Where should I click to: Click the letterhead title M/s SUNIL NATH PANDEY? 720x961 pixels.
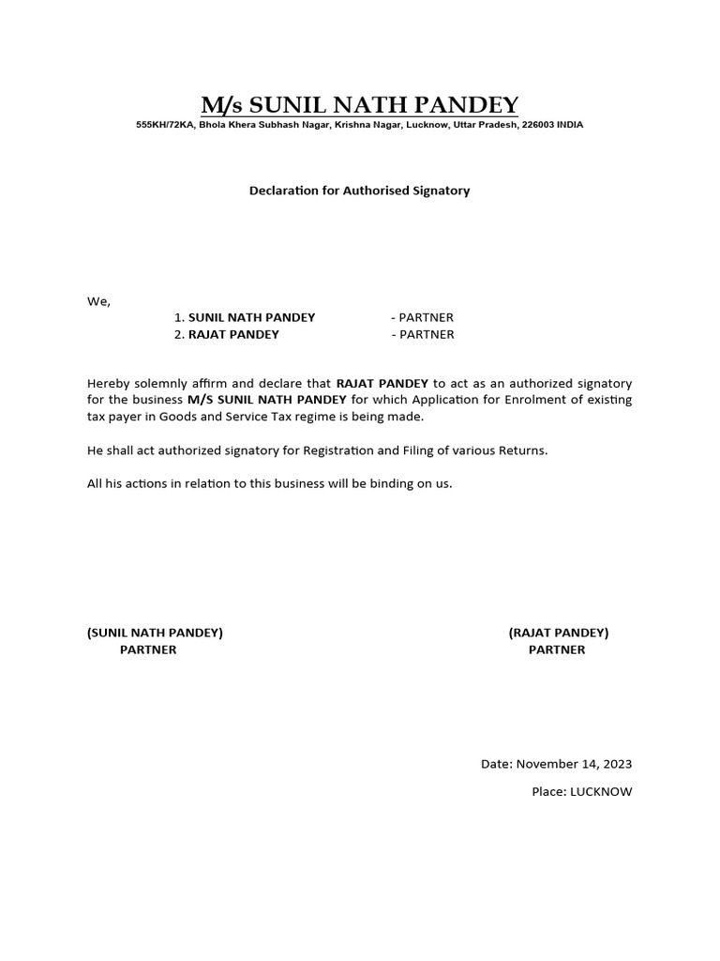pos(359,104)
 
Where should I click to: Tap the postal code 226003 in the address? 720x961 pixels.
pos(538,125)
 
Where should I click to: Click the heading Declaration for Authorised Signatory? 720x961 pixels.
pos(359,191)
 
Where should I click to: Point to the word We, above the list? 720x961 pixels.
pos(98,301)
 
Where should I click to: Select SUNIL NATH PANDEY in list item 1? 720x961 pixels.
pos(251,318)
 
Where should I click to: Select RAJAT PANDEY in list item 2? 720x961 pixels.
pos(233,334)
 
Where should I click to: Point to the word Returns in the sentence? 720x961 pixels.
pos(523,450)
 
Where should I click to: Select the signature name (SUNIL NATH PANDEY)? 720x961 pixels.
pos(155,633)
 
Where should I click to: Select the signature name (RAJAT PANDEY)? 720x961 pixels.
pos(559,633)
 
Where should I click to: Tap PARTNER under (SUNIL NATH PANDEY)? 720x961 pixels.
pos(148,649)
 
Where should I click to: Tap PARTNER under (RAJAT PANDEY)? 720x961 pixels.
pos(557,649)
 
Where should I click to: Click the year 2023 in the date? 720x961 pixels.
pos(615,765)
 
